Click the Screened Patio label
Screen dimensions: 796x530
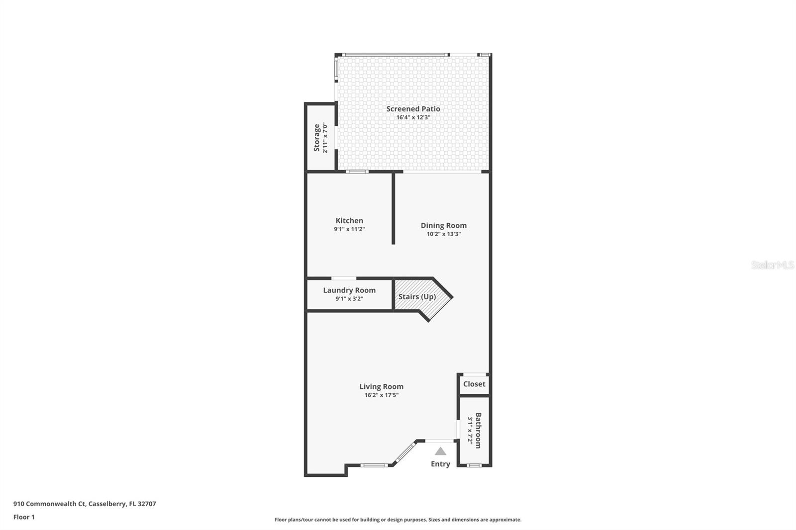(x=413, y=109)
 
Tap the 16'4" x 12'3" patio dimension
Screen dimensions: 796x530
(x=413, y=117)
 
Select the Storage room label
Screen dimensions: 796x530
(x=316, y=138)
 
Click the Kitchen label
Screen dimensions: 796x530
(x=349, y=221)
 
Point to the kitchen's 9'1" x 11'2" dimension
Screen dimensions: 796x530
(x=349, y=229)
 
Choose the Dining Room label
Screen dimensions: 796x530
(x=444, y=226)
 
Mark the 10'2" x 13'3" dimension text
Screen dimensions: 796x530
(x=444, y=234)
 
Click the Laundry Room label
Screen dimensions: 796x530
(x=349, y=290)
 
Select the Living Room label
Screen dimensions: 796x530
(x=381, y=386)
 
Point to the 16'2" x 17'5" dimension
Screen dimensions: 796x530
(x=381, y=395)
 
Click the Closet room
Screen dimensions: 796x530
(x=475, y=384)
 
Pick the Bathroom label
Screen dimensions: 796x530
(x=478, y=431)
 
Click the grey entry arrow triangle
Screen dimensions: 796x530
(x=440, y=451)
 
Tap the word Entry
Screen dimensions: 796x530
(x=440, y=464)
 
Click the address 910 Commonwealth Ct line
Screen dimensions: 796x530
(x=85, y=504)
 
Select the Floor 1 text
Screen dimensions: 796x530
(x=24, y=517)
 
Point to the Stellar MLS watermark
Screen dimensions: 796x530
(x=772, y=265)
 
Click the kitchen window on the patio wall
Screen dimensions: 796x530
(x=357, y=172)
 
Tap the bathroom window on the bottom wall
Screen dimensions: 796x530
(x=474, y=465)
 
